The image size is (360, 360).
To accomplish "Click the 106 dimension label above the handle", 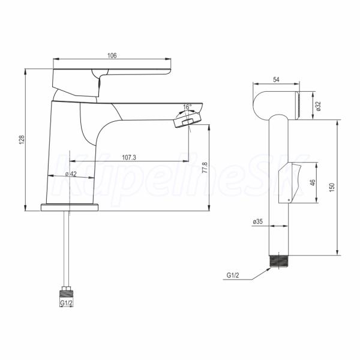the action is tap(112, 56).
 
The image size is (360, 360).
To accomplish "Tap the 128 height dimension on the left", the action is tap(22, 140).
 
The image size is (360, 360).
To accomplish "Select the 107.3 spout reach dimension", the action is tap(129, 157).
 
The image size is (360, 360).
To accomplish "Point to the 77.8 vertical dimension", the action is tap(205, 167).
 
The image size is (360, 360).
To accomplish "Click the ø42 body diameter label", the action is tap(71, 174).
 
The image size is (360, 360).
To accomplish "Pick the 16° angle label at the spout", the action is tap(187, 107).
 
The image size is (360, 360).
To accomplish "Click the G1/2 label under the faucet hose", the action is tap(67, 303).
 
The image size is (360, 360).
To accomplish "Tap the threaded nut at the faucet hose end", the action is tap(67, 292).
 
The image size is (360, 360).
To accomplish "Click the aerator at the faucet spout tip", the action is tap(188, 119).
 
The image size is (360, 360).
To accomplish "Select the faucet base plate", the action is tap(70, 208).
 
